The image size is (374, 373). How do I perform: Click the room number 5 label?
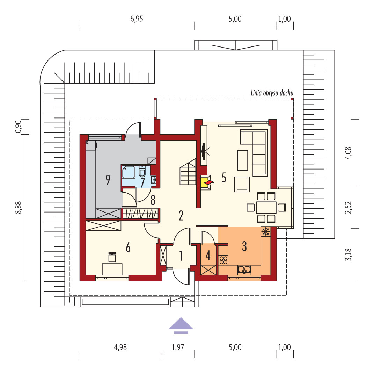224,178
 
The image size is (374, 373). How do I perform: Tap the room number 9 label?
108,180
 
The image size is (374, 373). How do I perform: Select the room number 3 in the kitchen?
244,246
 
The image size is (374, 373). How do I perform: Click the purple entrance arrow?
181,325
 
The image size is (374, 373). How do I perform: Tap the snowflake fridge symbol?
265,232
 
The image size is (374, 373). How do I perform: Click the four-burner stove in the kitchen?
223,260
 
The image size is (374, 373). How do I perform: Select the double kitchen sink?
244,270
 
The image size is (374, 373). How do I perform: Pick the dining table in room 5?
266,208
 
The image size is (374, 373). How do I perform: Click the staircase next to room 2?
188,172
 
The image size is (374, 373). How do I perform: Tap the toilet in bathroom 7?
142,171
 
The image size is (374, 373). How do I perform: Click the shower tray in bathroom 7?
129,172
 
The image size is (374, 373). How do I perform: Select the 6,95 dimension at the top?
137,19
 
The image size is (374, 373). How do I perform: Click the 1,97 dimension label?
178,347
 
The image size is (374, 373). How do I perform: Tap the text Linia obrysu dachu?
272,93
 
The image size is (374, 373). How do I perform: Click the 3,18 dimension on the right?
348,254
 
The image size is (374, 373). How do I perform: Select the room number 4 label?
208,256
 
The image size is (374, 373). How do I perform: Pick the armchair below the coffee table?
242,184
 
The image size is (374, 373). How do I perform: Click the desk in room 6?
112,269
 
